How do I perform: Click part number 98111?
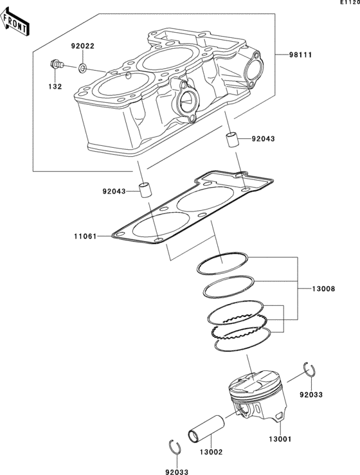point(300,55)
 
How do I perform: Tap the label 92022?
point(83,46)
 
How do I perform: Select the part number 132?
point(55,86)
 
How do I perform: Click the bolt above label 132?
point(57,64)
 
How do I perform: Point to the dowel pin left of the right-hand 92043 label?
point(233,139)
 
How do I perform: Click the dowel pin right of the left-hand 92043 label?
point(145,190)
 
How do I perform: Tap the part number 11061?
point(85,236)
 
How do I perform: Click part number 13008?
point(323,289)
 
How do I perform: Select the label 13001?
point(280,438)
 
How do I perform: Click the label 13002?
point(212,452)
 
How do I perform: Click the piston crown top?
point(255,382)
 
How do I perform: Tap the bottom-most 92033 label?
point(177,472)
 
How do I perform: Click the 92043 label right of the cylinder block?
point(264,139)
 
